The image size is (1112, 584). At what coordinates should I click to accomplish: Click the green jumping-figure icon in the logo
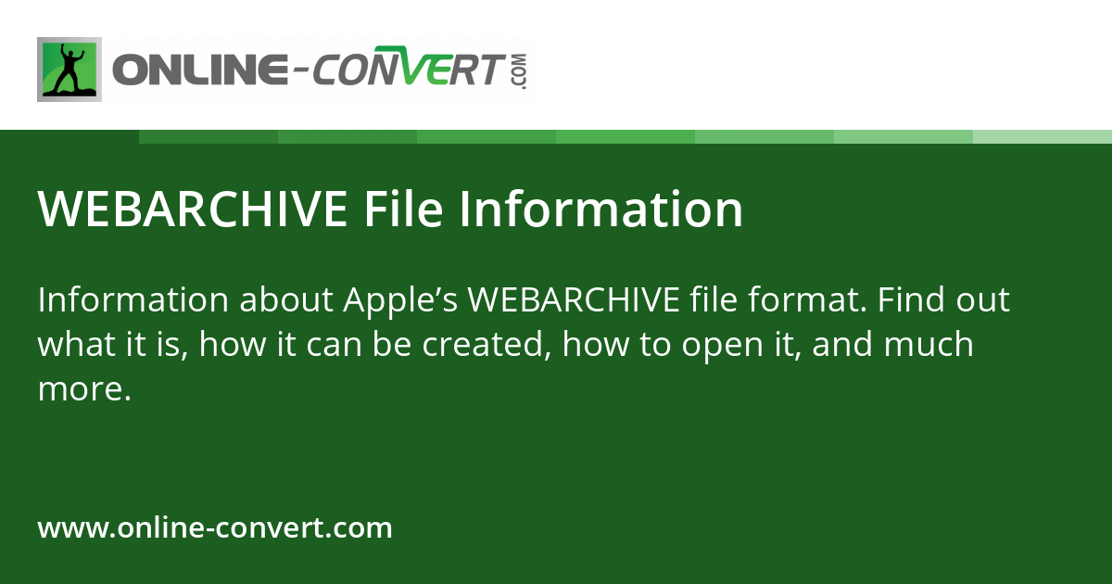click(69, 70)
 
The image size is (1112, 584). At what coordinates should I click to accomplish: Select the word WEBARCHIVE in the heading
click(193, 210)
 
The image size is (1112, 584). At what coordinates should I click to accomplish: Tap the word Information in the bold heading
click(601, 210)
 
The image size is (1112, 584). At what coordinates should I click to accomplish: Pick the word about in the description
click(287, 301)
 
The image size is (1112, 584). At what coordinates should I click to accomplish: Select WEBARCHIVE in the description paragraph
click(575, 301)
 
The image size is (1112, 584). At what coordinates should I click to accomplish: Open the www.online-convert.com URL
click(215, 528)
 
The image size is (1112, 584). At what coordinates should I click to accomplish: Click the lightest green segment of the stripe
click(1042, 136)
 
